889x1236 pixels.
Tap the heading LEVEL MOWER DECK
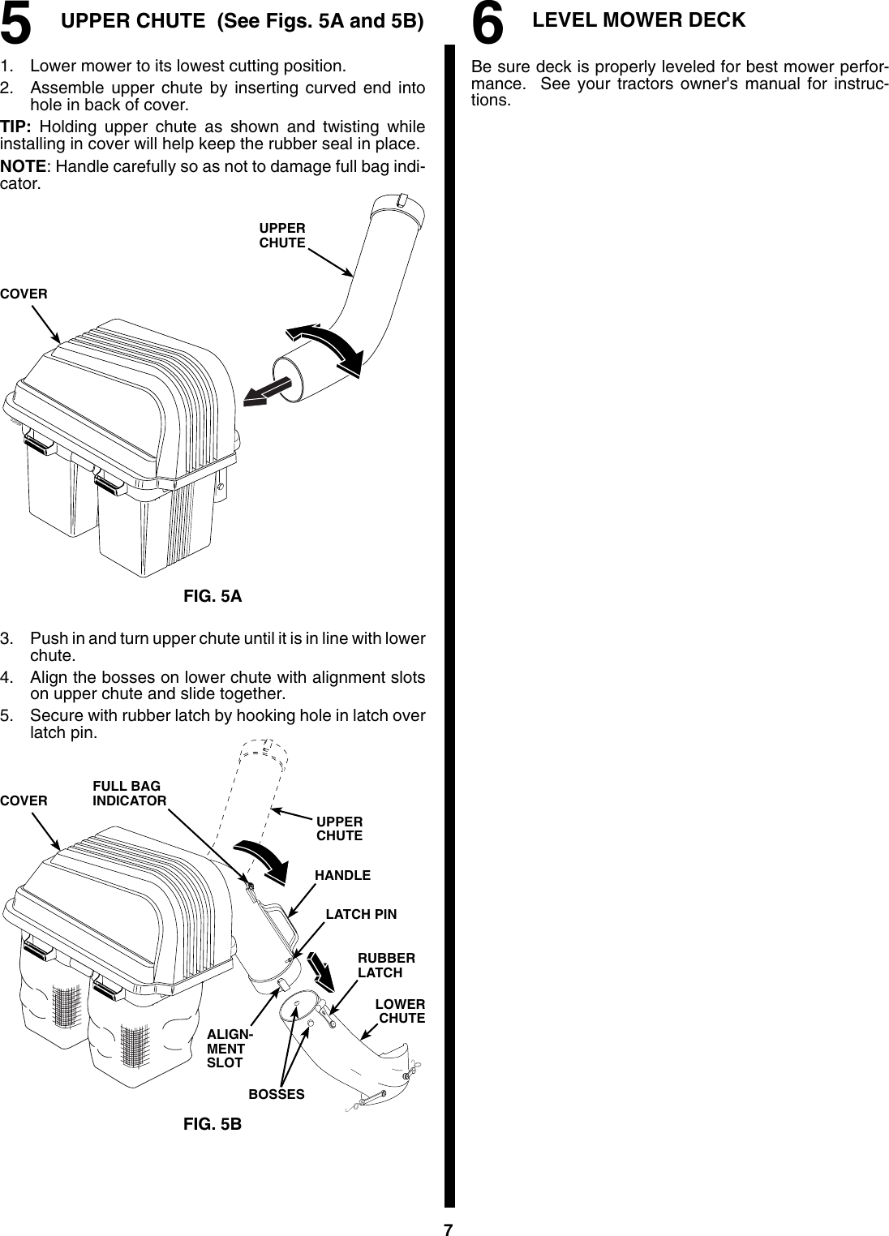pyautogui.click(x=638, y=20)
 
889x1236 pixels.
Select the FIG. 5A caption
pyautogui.click(x=213, y=597)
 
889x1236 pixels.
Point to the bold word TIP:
pyautogui.click(x=16, y=127)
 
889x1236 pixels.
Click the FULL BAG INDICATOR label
pyautogui.click(x=129, y=793)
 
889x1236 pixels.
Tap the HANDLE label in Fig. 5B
pyautogui.click(x=342, y=875)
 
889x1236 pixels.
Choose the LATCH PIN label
pyautogui.click(x=361, y=914)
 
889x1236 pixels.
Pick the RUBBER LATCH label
pyautogui.click(x=386, y=965)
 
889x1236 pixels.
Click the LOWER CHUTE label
pyautogui.click(x=401, y=1011)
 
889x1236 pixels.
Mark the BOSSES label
pyautogui.click(x=277, y=1094)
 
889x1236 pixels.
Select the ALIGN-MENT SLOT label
pyautogui.click(x=229, y=1049)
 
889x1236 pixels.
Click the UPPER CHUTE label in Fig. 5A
pyautogui.click(x=282, y=236)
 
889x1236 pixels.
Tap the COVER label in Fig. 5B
pyautogui.click(x=24, y=800)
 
